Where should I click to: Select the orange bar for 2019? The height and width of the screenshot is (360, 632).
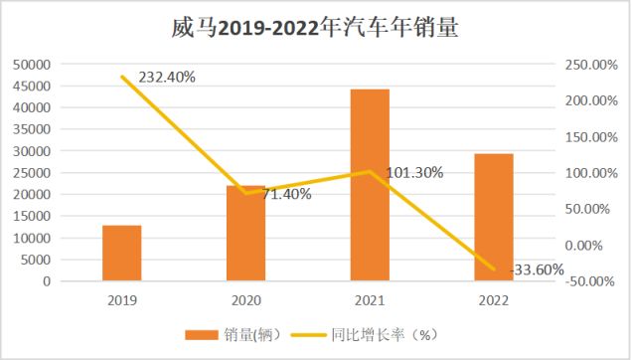(x=122, y=254)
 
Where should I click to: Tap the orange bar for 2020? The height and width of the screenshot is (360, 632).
(x=245, y=234)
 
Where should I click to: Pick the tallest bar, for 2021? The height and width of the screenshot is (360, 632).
(x=370, y=185)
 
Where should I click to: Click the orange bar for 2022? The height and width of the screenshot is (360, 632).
(x=494, y=218)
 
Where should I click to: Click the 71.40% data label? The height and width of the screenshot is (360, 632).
(x=286, y=194)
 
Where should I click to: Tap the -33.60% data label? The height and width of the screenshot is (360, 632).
(x=537, y=270)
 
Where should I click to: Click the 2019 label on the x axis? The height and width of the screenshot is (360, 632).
(x=122, y=299)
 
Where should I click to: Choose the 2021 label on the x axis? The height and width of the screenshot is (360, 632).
(x=370, y=299)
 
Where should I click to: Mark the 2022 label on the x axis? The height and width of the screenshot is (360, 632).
(x=494, y=299)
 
